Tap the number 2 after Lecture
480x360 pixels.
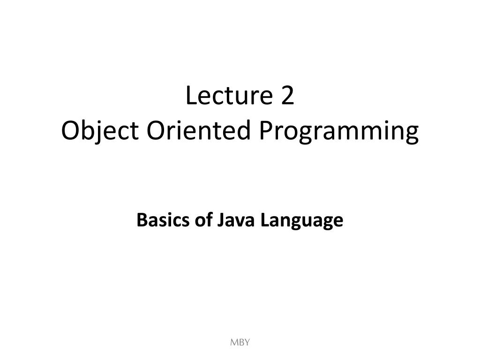pyautogui.click(x=287, y=97)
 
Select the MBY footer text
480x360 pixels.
pyautogui.click(x=240, y=343)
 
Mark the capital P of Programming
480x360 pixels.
pyautogui.click(x=266, y=131)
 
